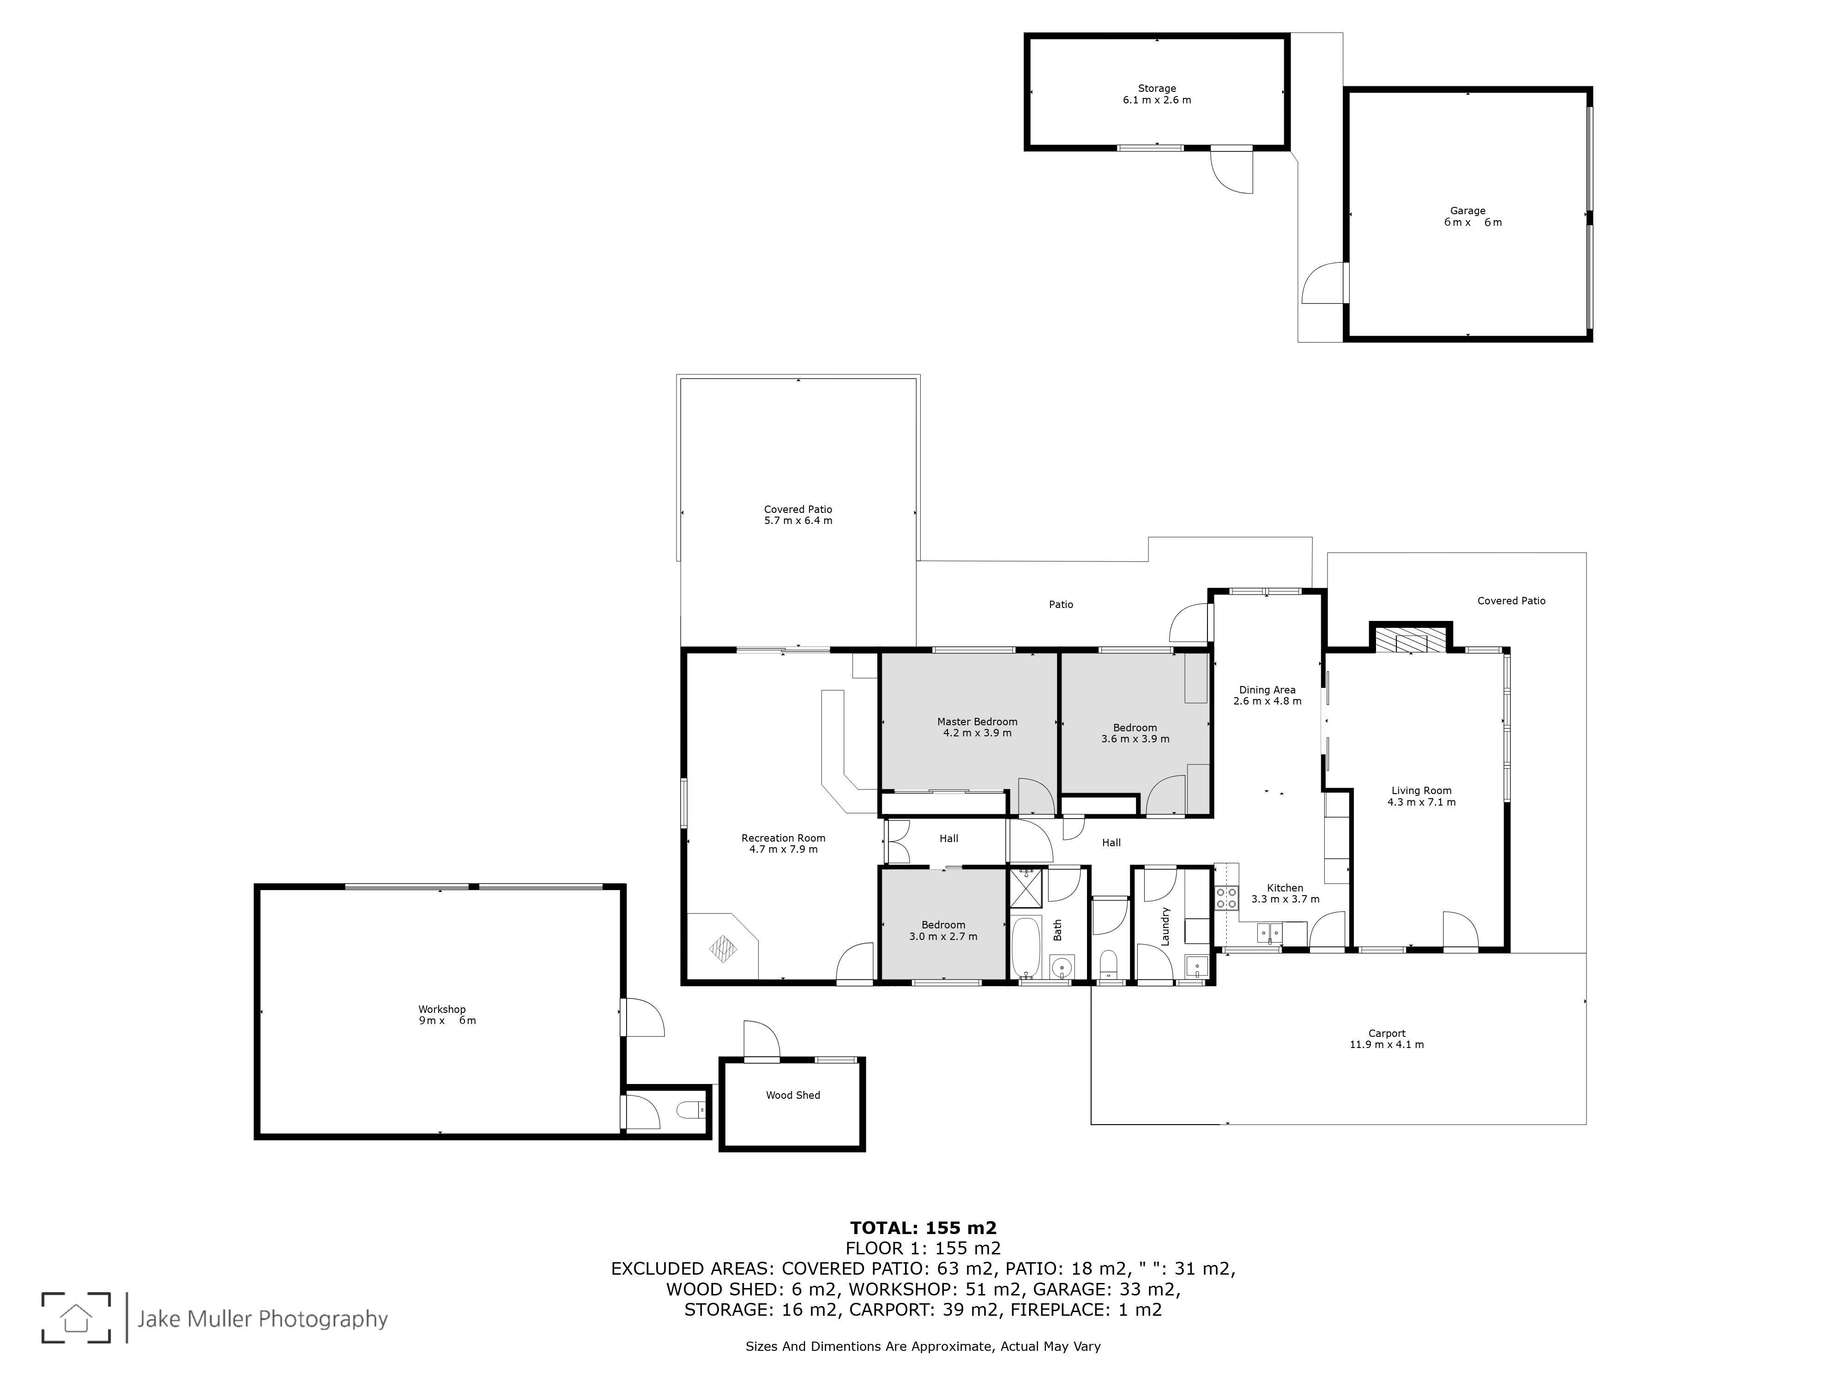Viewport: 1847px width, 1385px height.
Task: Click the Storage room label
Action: pyautogui.click(x=1157, y=94)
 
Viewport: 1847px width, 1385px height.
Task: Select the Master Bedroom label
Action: pyautogui.click(x=977, y=727)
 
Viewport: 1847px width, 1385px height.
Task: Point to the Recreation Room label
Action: pyautogui.click(x=783, y=843)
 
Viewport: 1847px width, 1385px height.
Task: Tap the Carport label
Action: pyautogui.click(x=1387, y=1039)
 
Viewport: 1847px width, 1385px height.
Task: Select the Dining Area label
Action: pyautogui.click(x=1267, y=695)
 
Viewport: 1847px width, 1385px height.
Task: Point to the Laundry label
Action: pyautogui.click(x=1165, y=926)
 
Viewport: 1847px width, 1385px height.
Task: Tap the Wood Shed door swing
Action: pyautogui.click(x=761, y=1039)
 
